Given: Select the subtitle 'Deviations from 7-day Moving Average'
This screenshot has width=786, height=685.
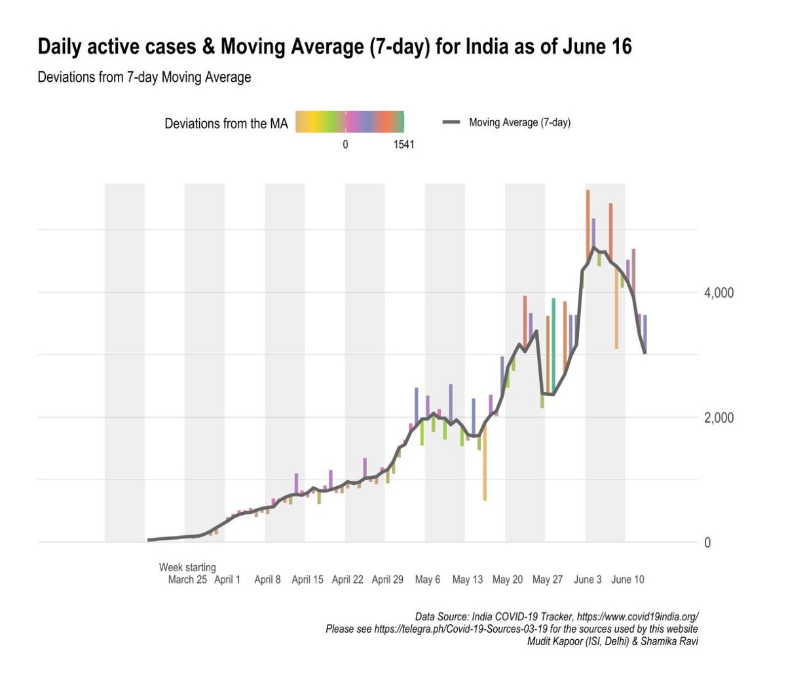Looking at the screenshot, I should [x=144, y=77].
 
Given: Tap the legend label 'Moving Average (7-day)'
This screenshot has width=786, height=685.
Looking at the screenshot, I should [x=519, y=122].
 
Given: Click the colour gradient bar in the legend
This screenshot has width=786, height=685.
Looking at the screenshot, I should [x=349, y=122].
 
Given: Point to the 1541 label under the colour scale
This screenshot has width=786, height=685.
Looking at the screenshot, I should [x=403, y=145].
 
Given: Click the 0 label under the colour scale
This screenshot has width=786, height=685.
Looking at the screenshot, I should [x=345, y=145].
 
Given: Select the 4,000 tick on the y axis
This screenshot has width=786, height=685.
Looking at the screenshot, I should [x=719, y=293].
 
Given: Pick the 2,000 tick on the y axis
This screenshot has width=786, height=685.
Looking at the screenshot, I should [x=719, y=418].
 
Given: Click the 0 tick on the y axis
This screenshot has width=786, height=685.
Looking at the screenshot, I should [x=707, y=542].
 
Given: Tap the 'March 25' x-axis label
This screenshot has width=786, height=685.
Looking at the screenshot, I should [x=187, y=580].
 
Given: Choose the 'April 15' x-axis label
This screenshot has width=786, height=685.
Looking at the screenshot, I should [x=307, y=580].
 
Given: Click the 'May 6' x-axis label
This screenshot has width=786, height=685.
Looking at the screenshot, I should [x=428, y=580].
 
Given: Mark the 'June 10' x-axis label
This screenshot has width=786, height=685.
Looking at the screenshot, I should [x=627, y=580].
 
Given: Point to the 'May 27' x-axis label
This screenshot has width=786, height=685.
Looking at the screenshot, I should [x=548, y=580].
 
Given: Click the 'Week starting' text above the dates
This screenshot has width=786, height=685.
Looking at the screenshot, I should [x=187, y=567].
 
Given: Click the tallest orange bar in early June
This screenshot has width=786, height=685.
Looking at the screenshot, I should [x=588, y=222].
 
